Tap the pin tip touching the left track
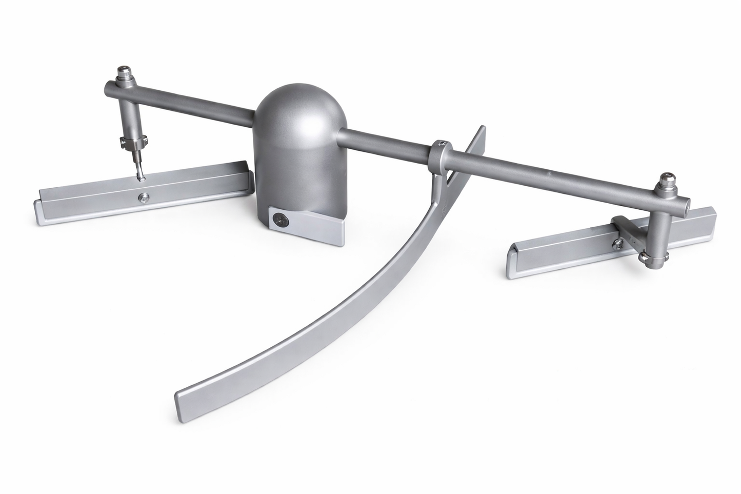coord(140,177)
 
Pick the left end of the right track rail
coord(511,261)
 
